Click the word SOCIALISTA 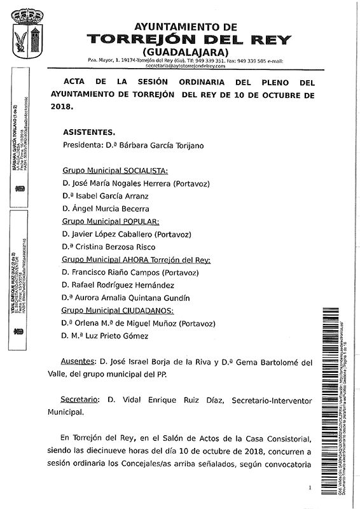(x=145, y=171)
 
